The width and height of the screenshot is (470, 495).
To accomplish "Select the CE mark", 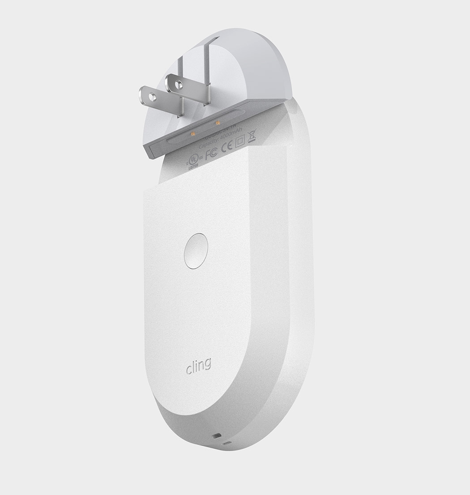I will pos(227,146).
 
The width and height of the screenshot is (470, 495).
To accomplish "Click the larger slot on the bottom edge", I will pos(218,435).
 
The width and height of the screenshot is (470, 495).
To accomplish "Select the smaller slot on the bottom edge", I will pos(229,444).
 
